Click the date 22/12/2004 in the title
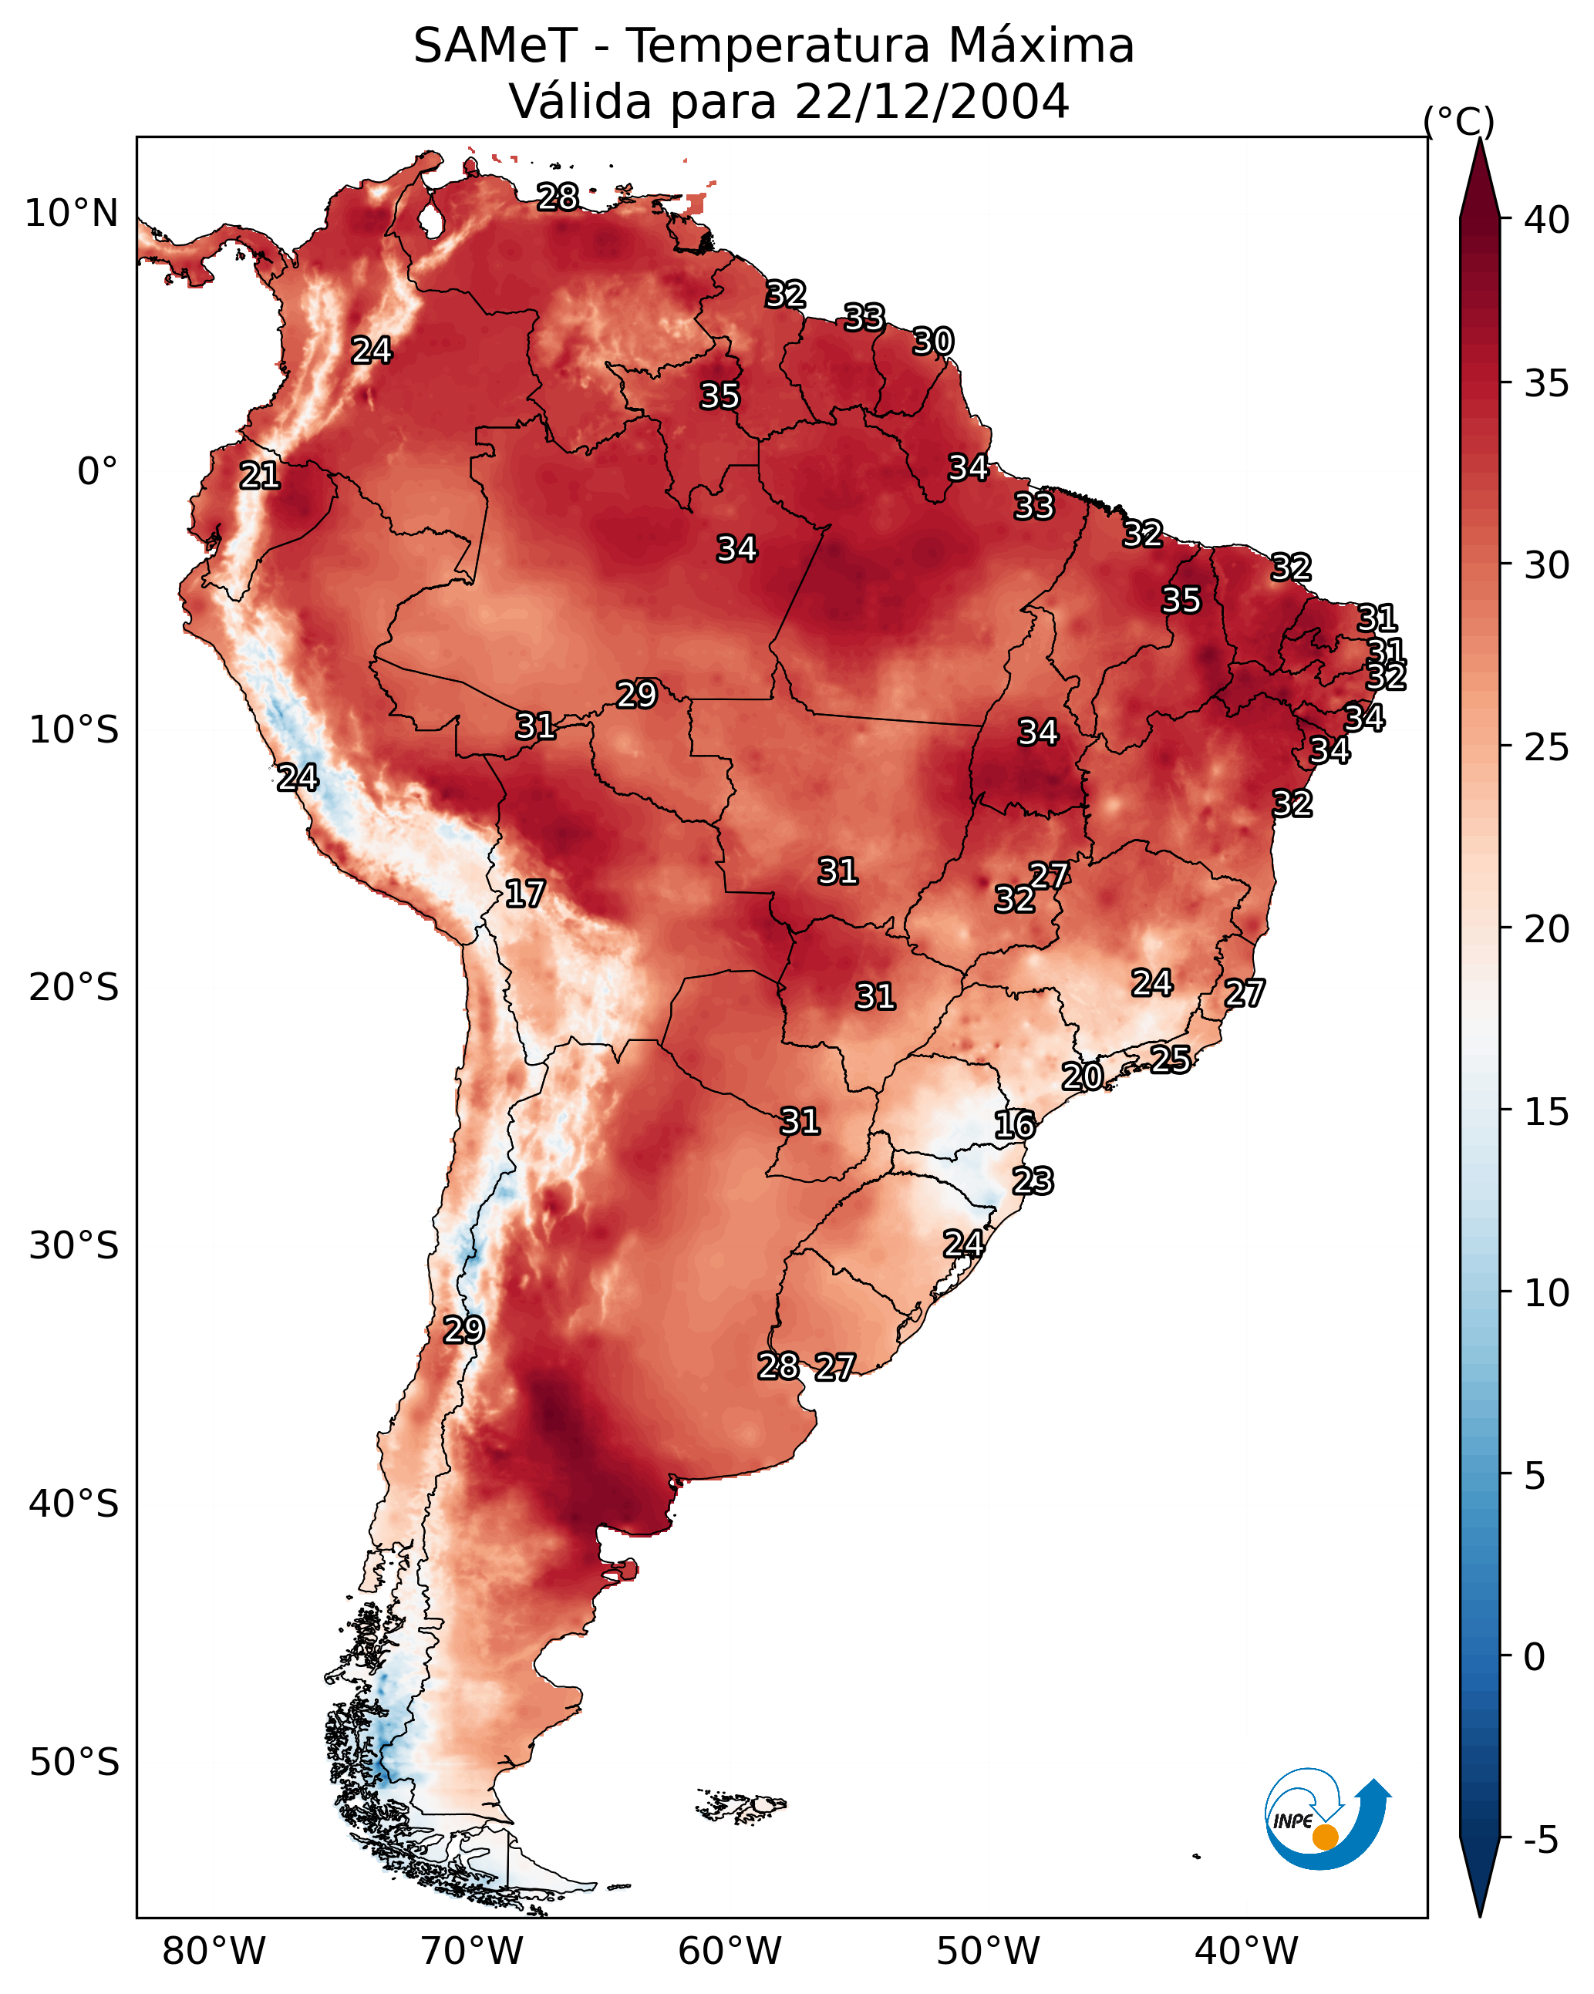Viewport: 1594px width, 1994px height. (931, 102)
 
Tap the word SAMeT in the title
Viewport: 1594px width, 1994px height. (495, 46)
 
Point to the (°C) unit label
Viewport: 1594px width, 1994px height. (1459, 121)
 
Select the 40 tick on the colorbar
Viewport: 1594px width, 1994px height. (1547, 220)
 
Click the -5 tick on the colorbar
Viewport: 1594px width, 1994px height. (1540, 1841)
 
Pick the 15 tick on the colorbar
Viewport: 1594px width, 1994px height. (1547, 1112)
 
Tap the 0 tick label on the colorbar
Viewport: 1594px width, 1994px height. (1534, 1657)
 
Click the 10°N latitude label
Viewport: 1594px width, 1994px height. (71, 214)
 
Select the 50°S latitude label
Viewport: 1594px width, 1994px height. (74, 1763)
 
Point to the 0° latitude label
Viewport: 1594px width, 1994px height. (97, 472)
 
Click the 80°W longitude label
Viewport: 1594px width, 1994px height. (214, 1952)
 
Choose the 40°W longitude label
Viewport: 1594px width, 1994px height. (1246, 1952)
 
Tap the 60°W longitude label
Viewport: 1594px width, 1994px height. (730, 1952)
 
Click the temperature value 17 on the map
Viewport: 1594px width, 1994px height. (524, 894)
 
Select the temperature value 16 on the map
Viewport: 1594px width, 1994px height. (1015, 1125)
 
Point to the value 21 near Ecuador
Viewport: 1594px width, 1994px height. (260, 476)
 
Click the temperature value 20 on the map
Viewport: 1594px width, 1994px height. (1081, 1076)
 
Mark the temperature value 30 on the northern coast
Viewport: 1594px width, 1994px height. (932, 342)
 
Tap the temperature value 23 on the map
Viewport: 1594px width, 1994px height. (1033, 1181)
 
